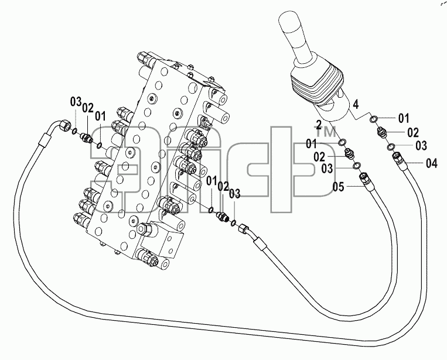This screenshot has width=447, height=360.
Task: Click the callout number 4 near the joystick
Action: pyautogui.click(x=356, y=105)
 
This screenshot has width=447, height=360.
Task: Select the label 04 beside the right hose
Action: pyautogui.click(x=432, y=163)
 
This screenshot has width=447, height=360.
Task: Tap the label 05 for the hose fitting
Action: pyautogui.click(x=339, y=187)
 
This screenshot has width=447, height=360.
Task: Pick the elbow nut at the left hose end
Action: pyautogui.click(x=64, y=126)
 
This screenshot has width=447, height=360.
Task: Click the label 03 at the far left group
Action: pyautogui.click(x=76, y=102)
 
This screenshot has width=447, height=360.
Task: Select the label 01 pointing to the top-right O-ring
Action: pyautogui.click(x=404, y=118)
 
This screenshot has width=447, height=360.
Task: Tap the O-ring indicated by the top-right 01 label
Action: pyautogui.click(x=373, y=119)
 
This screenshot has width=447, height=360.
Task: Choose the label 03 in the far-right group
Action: pyautogui.click(x=421, y=146)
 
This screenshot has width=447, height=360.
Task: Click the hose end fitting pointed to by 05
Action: pyautogui.click(x=365, y=180)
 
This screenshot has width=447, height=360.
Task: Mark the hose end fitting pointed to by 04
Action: pyautogui.click(x=398, y=159)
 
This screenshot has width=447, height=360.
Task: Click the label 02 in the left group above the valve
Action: pyautogui.click(x=88, y=108)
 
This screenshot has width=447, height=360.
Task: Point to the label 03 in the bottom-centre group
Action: pyautogui.click(x=235, y=194)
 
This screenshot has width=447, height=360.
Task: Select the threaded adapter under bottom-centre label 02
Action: pyautogui.click(x=223, y=216)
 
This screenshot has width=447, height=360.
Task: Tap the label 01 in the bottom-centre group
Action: pyautogui.click(x=211, y=180)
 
